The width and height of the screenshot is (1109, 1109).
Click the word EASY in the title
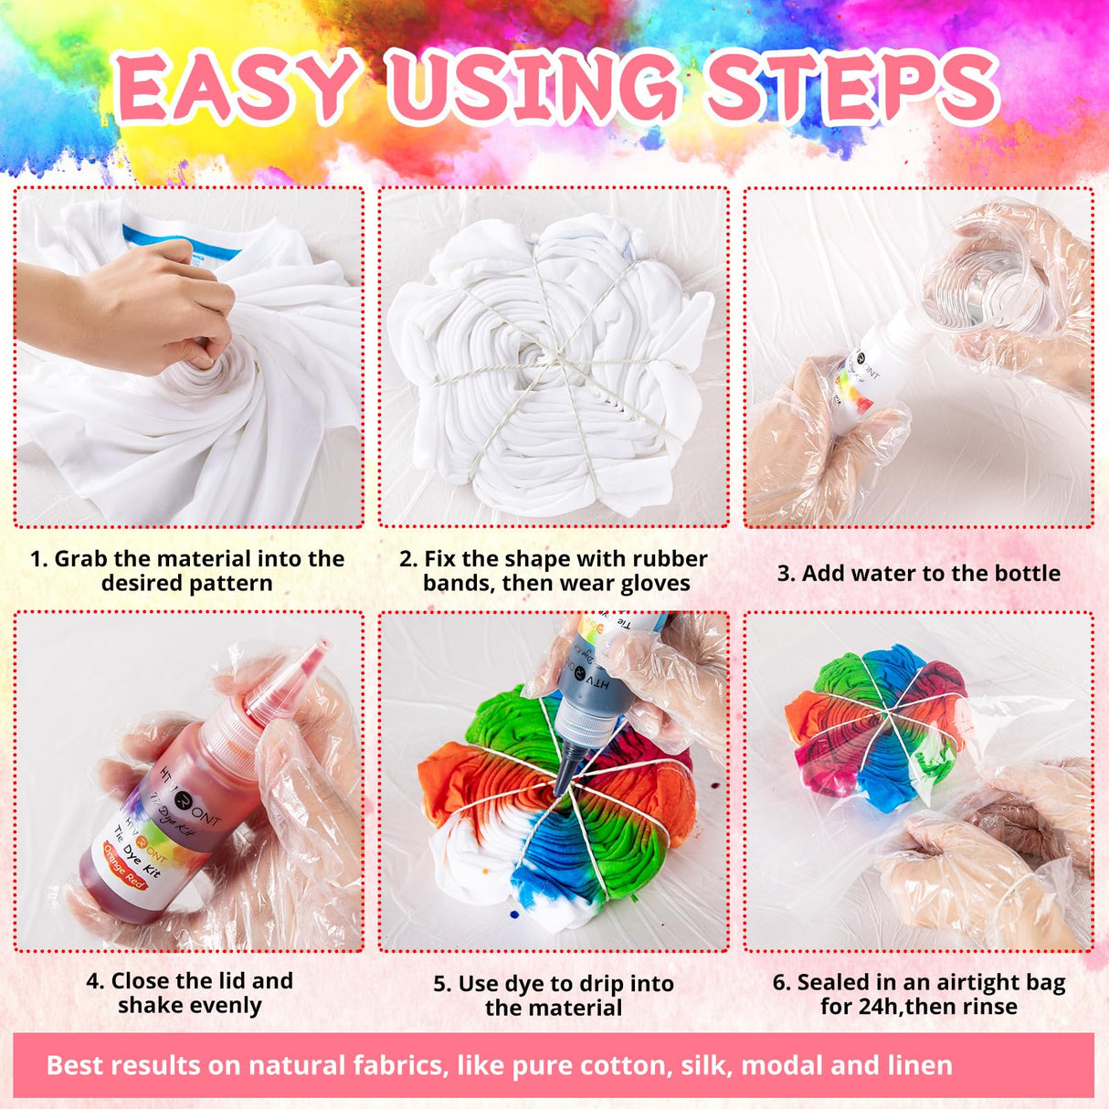pyautogui.click(x=236, y=86)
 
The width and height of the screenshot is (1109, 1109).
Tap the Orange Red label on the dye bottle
pyautogui.click(x=126, y=865)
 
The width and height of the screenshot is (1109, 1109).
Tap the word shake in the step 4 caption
pyautogui.click(x=151, y=1006)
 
